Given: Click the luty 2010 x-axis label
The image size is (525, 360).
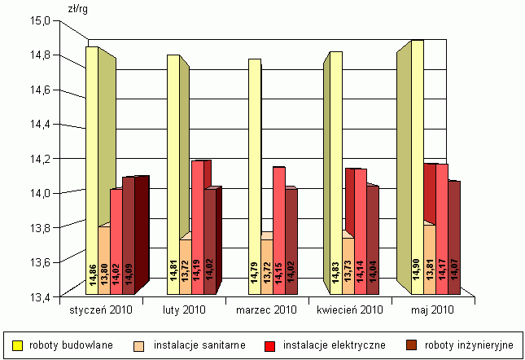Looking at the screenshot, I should (x=185, y=310).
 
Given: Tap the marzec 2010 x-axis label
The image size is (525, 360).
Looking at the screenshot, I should (x=267, y=310).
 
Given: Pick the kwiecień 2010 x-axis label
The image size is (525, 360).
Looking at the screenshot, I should (x=350, y=310).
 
